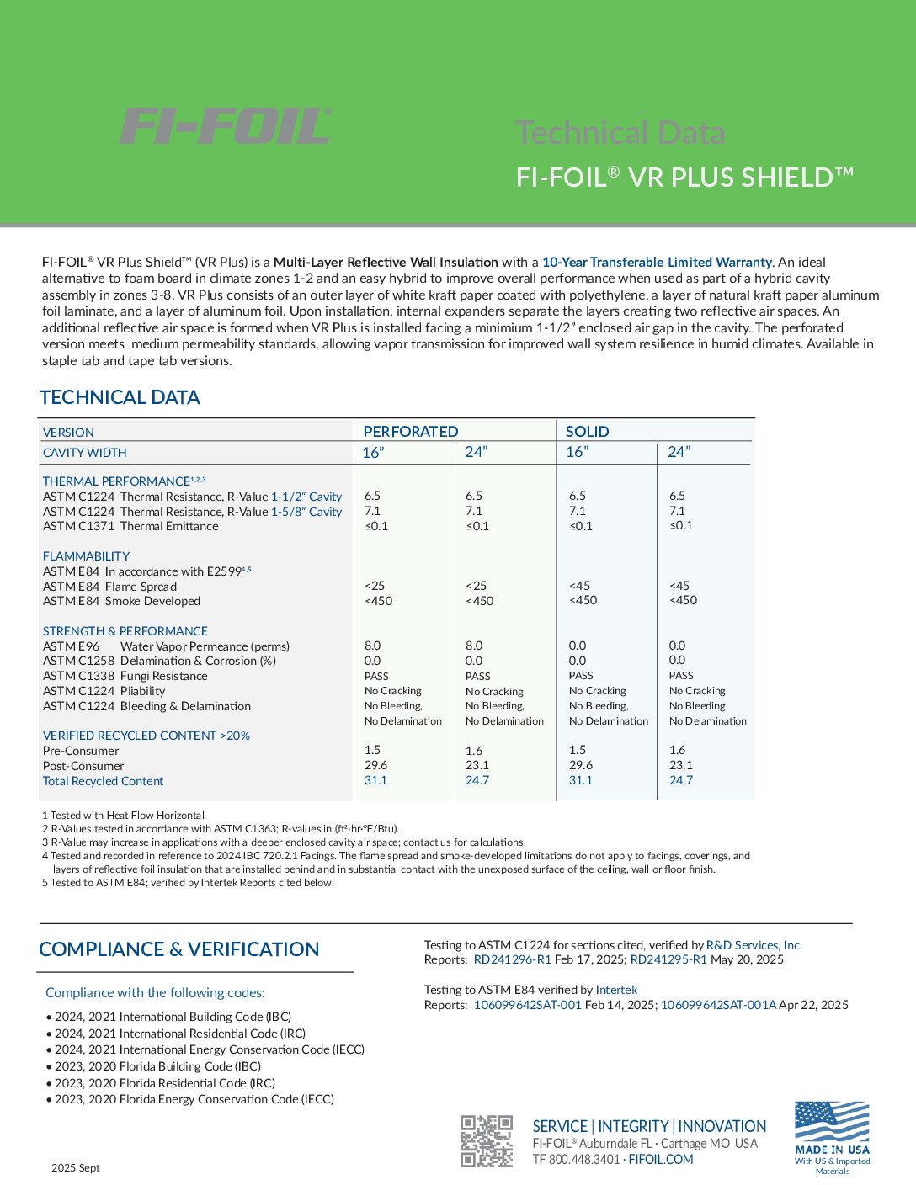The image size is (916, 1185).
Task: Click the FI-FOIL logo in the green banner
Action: (x=226, y=126)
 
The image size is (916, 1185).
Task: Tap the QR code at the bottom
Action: (x=486, y=1141)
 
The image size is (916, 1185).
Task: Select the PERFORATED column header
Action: (x=411, y=431)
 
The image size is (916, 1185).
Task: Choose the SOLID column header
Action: (x=587, y=431)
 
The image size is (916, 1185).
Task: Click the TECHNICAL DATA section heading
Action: (x=120, y=397)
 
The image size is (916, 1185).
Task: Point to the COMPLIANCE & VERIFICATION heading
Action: (x=178, y=949)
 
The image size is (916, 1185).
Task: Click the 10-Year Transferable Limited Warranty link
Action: (x=657, y=262)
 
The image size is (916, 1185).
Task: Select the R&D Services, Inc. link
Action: (x=754, y=945)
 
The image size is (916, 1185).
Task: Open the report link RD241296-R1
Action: (x=512, y=959)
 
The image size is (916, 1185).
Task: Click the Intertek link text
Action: (x=616, y=990)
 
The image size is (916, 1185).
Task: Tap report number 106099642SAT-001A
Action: (x=718, y=1005)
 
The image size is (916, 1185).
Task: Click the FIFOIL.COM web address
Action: (x=661, y=1159)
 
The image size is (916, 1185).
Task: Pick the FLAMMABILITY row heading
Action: (x=86, y=556)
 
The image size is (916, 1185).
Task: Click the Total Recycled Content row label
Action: (x=103, y=781)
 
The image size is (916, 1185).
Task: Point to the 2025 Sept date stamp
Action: (x=75, y=1167)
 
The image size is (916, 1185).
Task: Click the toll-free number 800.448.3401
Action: (x=583, y=1159)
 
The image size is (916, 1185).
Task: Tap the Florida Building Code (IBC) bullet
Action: (x=157, y=1066)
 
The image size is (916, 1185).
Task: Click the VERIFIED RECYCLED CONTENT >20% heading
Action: (x=146, y=736)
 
